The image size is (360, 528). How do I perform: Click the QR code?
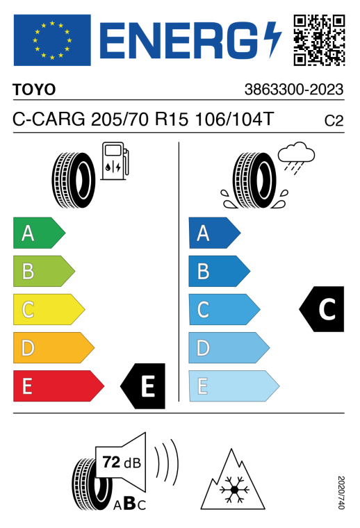[319, 40]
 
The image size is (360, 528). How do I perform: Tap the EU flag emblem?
[52, 40]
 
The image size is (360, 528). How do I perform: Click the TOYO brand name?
[34, 90]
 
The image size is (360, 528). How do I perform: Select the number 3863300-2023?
[294, 90]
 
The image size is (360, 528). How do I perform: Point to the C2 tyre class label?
[334, 121]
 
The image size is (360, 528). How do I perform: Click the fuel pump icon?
[115, 161]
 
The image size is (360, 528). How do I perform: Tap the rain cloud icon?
[296, 158]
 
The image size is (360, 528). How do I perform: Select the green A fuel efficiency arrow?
[39, 233]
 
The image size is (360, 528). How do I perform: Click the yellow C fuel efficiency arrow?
[49, 309]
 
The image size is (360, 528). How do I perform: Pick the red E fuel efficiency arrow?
[58, 386]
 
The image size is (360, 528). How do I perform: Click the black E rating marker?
[142, 386]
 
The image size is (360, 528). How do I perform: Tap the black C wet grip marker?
[322, 309]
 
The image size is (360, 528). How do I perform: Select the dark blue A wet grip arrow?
[215, 233]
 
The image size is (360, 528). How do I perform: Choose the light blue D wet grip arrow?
[229, 348]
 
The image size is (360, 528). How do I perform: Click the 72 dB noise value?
[122, 462]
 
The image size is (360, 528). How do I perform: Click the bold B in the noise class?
[130, 503]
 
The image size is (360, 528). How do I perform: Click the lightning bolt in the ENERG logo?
[272, 40]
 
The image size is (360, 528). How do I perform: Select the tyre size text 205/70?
[120, 119]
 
